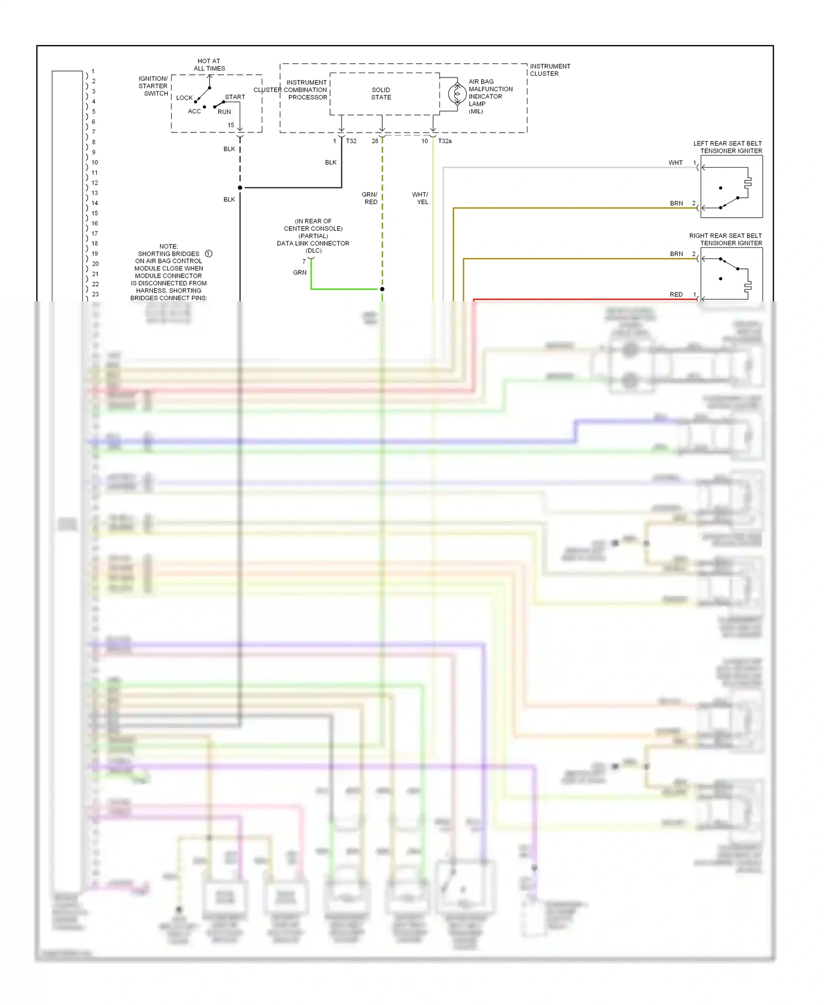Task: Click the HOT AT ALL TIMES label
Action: pyautogui.click(x=209, y=65)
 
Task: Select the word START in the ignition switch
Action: pyautogui.click(x=235, y=97)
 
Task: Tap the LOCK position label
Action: pyautogui.click(x=184, y=98)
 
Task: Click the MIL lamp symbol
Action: pyautogui.click(x=457, y=94)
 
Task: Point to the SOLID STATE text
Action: pyautogui.click(x=381, y=93)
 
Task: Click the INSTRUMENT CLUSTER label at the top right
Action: pyautogui.click(x=549, y=70)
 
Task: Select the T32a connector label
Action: pyautogui.click(x=444, y=141)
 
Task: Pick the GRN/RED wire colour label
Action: pyautogui.click(x=370, y=198)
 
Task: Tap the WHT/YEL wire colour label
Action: pyautogui.click(x=421, y=198)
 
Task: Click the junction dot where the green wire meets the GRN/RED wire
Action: pyautogui.click(x=382, y=289)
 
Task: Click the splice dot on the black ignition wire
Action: pyautogui.click(x=240, y=188)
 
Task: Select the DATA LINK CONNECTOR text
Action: pyautogui.click(x=313, y=244)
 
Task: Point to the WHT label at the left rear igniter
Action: pyautogui.click(x=675, y=163)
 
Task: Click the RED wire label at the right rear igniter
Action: pyautogui.click(x=676, y=295)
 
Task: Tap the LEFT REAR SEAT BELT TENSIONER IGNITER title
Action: pyautogui.click(x=727, y=147)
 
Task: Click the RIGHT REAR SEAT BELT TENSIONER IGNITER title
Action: pyautogui.click(x=725, y=239)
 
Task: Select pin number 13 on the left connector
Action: pyautogui.click(x=95, y=193)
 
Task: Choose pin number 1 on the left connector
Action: pyautogui.click(x=93, y=71)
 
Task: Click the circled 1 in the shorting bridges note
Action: pyautogui.click(x=209, y=254)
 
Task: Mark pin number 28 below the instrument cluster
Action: pyautogui.click(x=375, y=141)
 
